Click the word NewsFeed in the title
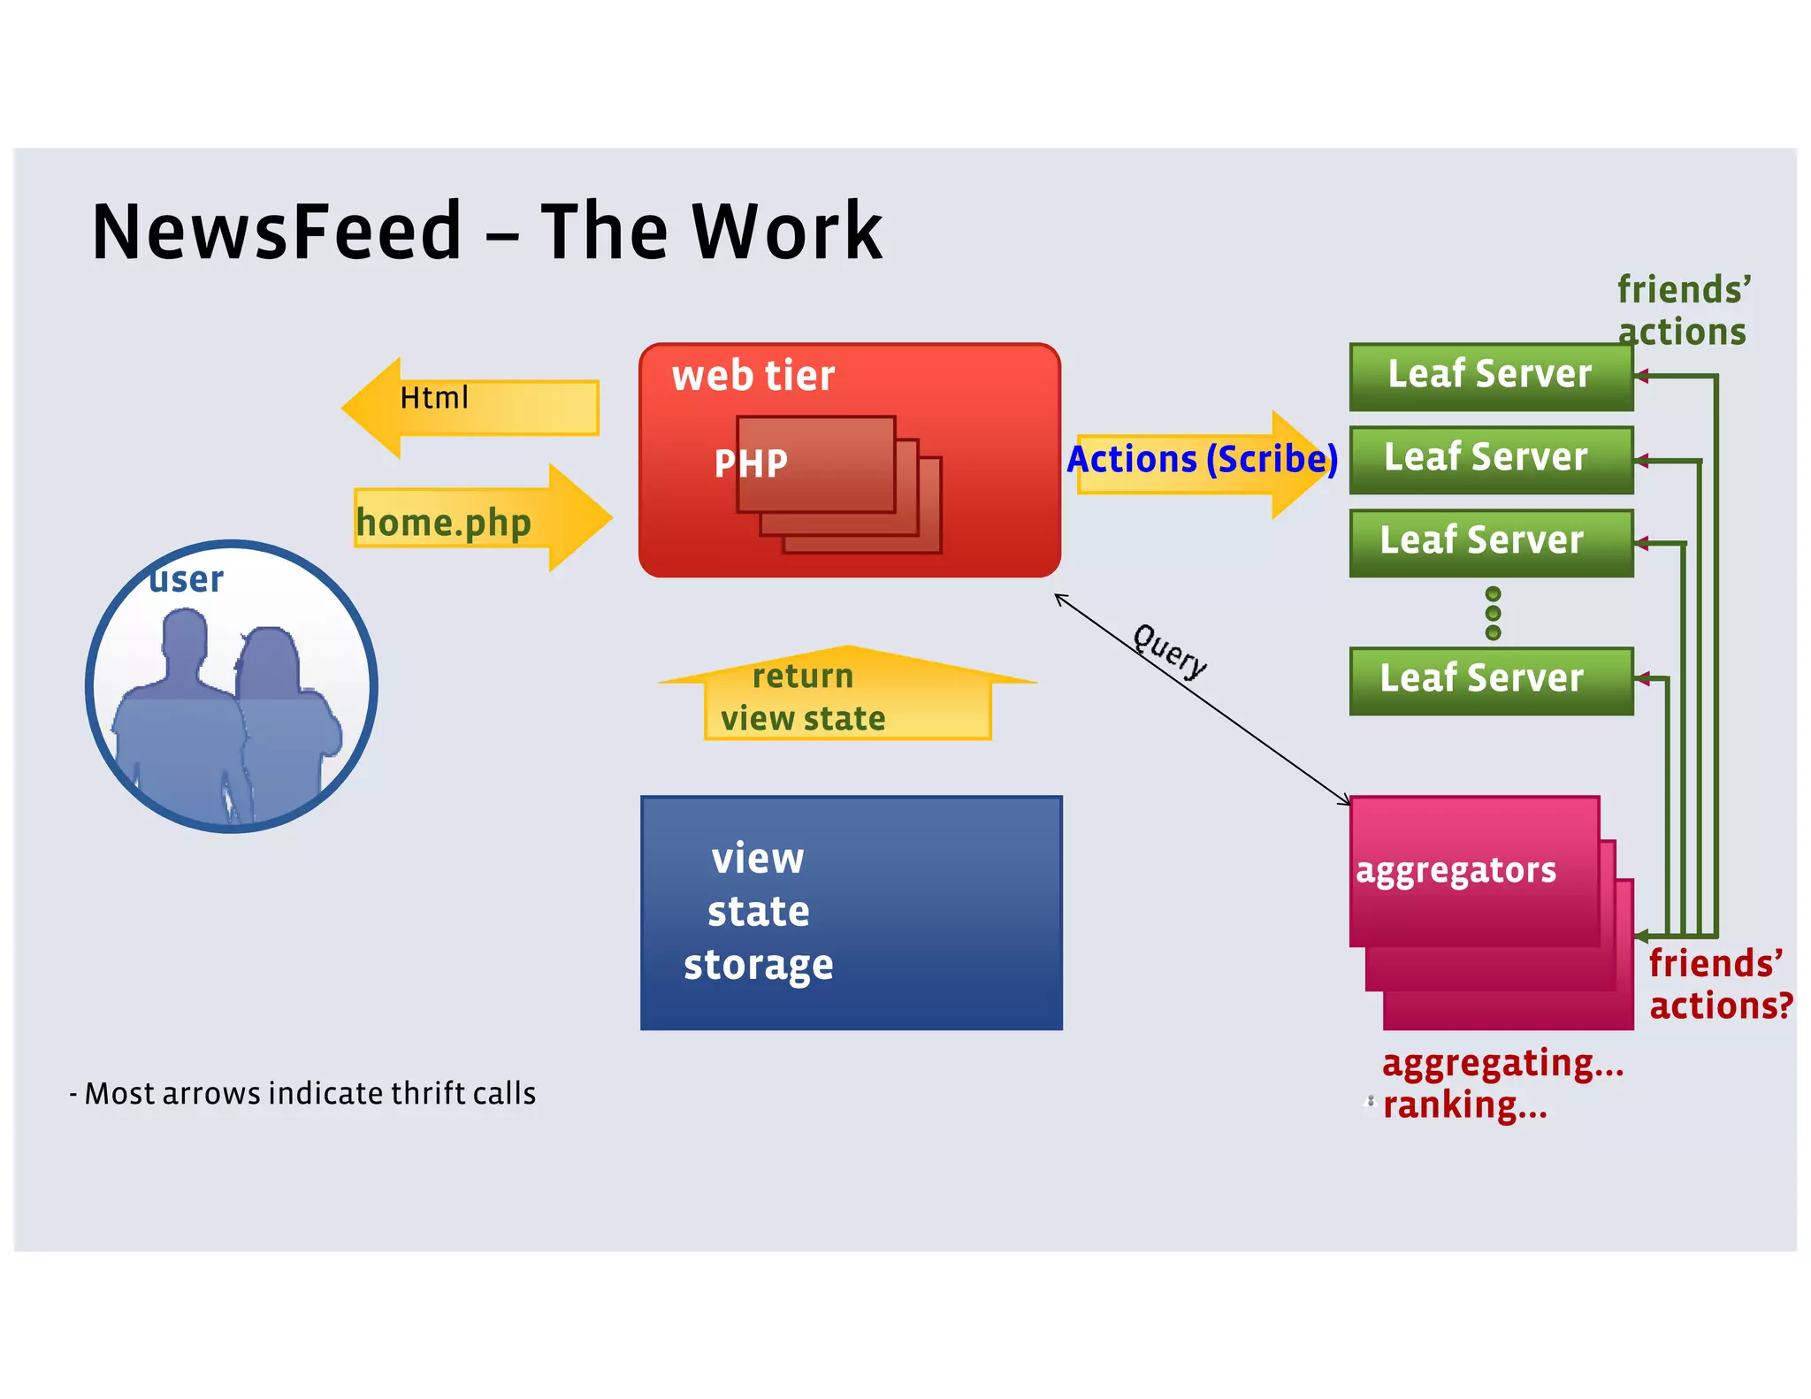pyautogui.click(x=277, y=232)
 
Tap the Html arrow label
pyautogui.click(x=433, y=398)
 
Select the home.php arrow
pyautogui.click(x=478, y=520)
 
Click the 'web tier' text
pyautogui.click(x=753, y=376)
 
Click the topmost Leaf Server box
pyautogui.click(x=1490, y=376)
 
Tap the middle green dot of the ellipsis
pyautogui.click(x=1493, y=613)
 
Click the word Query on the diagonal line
pyautogui.click(x=1170, y=651)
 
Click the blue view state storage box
pyautogui.click(x=851, y=913)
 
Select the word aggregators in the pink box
pyautogui.click(x=1456, y=871)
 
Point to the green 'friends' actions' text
pyautogui.click(x=1683, y=310)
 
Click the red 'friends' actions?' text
pyautogui.click(x=1719, y=984)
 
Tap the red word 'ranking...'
pyautogui.click(x=1464, y=1105)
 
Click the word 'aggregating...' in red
pyautogui.click(x=1502, y=1063)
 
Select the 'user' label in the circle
pyautogui.click(x=187, y=580)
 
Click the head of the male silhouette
pyautogui.click(x=185, y=635)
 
